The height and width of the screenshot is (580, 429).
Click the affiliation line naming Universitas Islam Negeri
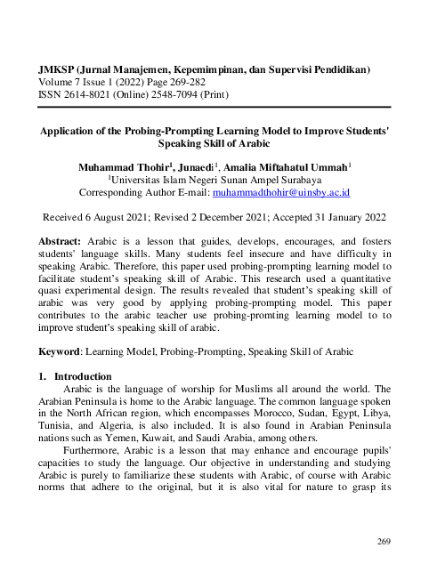point(214,179)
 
